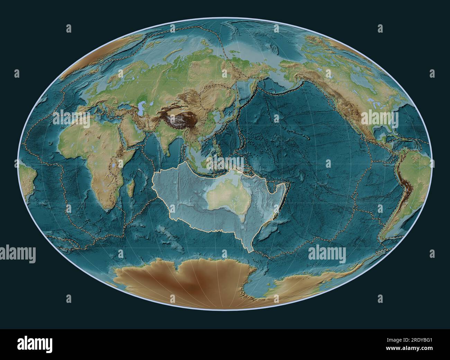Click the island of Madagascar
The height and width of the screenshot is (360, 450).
coord(130,188)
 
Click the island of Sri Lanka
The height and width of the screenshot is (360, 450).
coord(167,156)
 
